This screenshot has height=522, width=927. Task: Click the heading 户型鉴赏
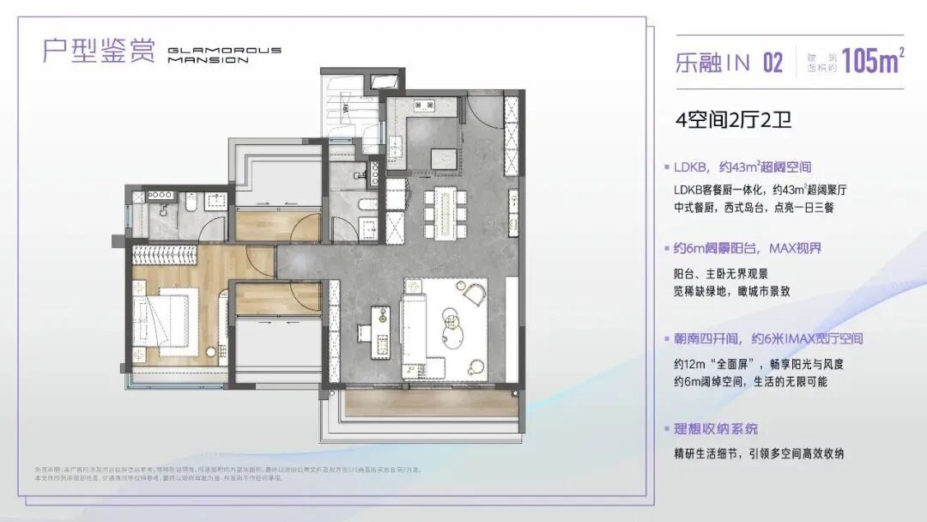[x=99, y=50]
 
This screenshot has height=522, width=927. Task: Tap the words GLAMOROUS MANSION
[x=224, y=56]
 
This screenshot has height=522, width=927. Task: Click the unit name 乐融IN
[x=712, y=63]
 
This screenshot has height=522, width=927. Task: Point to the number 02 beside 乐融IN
[x=772, y=63]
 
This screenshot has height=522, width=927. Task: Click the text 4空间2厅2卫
[x=734, y=118]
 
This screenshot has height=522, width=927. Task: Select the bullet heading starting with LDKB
[x=743, y=167]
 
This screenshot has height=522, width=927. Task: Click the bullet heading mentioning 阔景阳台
[x=748, y=249]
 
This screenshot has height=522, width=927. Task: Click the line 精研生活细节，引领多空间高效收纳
[x=759, y=453]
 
